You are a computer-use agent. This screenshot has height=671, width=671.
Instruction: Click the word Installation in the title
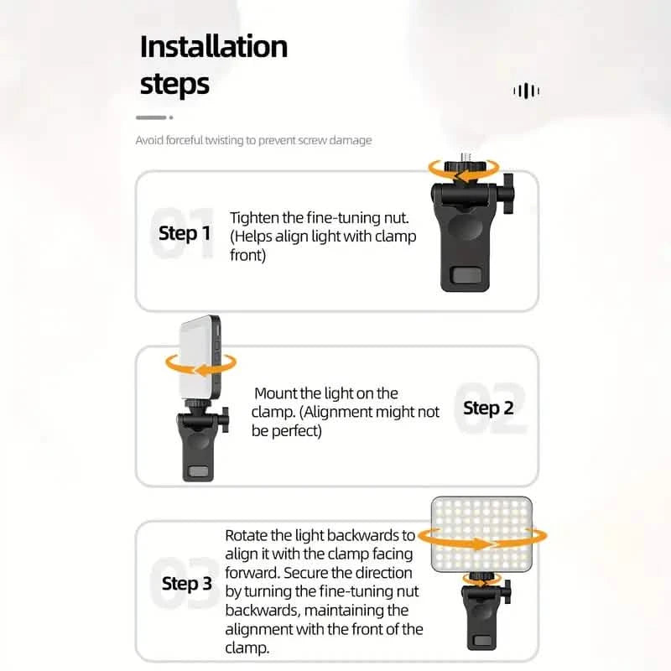tap(213, 46)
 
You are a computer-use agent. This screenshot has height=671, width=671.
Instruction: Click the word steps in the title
tap(174, 84)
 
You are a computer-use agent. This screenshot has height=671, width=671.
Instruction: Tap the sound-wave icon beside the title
tap(526, 91)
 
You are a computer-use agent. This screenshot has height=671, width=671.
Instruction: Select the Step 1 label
tap(185, 232)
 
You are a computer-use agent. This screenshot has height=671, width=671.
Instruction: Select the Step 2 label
tap(488, 408)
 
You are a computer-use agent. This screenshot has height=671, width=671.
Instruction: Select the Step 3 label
tap(186, 583)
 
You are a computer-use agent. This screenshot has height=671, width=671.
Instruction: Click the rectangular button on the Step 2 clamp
tap(198, 471)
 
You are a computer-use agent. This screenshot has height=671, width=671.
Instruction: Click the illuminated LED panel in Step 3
tap(481, 534)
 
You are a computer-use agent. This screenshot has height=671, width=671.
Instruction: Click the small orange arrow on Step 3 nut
tap(481, 580)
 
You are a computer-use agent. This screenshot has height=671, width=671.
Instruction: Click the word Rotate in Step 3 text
tap(247, 535)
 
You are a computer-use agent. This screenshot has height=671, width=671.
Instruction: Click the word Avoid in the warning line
tap(149, 140)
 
